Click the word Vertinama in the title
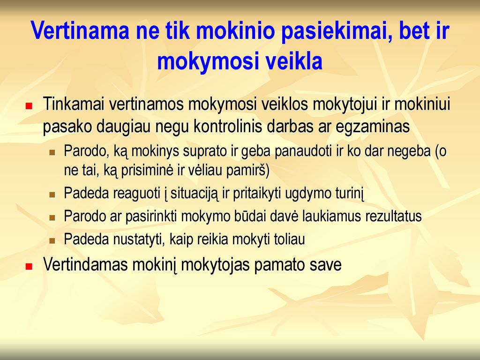click(80, 30)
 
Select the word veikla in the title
click(294, 61)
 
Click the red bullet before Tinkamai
click(29, 106)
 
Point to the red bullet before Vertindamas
click(29, 266)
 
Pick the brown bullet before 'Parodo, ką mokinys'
click(52, 152)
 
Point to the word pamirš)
click(248, 171)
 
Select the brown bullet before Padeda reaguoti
click(52, 195)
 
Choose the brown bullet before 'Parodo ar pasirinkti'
click(52, 217)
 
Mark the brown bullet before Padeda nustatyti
click(52, 240)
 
